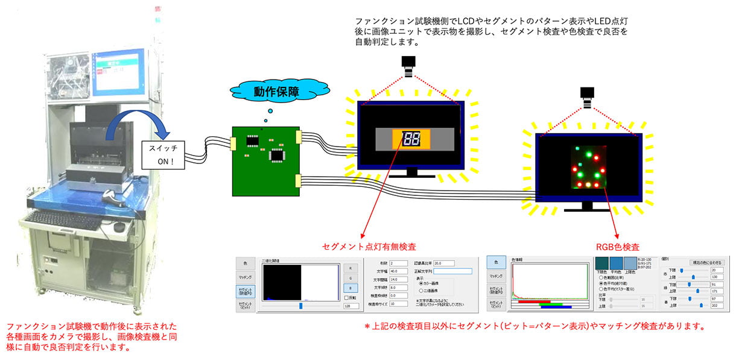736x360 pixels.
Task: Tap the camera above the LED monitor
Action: click(x=587, y=94)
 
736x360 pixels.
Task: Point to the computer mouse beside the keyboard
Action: click(x=118, y=227)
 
